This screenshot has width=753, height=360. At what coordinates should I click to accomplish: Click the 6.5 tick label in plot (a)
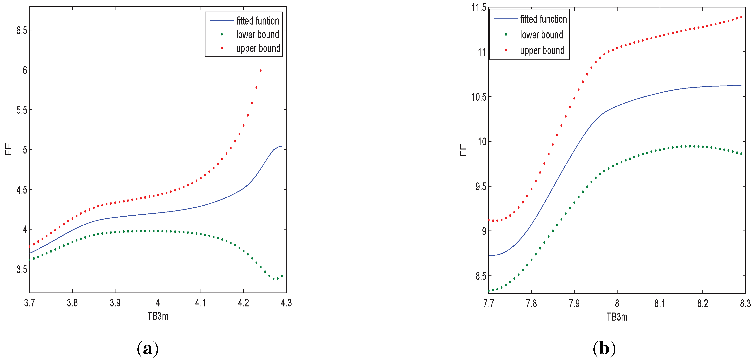[x=22, y=30]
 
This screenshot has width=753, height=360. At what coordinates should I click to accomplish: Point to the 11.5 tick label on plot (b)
[x=479, y=7]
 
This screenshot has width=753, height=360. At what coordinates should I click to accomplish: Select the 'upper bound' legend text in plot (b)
[x=542, y=51]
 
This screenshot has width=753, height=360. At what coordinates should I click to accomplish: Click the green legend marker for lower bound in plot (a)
[x=222, y=35]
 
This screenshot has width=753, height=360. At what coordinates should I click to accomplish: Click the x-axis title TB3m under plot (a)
[x=158, y=316]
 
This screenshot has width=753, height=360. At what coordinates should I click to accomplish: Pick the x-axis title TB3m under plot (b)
[x=617, y=317]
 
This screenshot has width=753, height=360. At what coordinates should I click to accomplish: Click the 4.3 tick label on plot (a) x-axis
[x=286, y=303]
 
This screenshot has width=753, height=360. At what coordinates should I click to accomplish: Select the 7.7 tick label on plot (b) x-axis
[x=489, y=303]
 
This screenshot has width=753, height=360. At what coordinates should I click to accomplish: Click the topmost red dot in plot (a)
[x=261, y=70]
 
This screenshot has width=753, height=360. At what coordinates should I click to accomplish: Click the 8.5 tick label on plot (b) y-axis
[x=481, y=276]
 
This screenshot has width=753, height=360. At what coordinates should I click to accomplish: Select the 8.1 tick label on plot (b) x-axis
[x=659, y=303]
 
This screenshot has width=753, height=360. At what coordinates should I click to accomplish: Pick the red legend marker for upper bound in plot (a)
[x=222, y=48]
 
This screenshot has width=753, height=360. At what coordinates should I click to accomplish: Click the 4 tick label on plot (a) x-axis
[x=158, y=303]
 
